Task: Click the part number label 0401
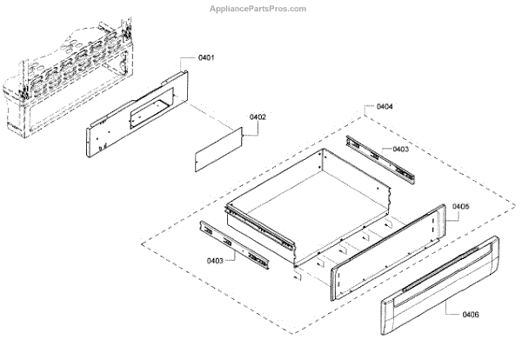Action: [207, 57]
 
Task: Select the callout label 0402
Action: [258, 117]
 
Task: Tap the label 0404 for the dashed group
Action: [384, 107]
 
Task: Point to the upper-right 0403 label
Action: [400, 150]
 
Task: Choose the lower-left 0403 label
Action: [216, 260]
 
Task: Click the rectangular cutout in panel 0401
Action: [144, 110]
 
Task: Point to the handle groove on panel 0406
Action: [444, 273]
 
